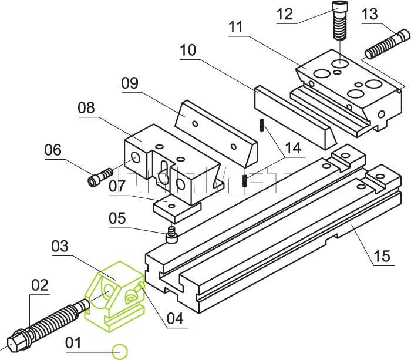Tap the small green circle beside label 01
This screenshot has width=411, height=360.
tap(120, 351)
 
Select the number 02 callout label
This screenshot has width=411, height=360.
tap(39, 286)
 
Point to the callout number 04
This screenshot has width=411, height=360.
tap(175, 318)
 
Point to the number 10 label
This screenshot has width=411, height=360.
tap(188, 51)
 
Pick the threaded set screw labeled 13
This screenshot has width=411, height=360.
tap(385, 44)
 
